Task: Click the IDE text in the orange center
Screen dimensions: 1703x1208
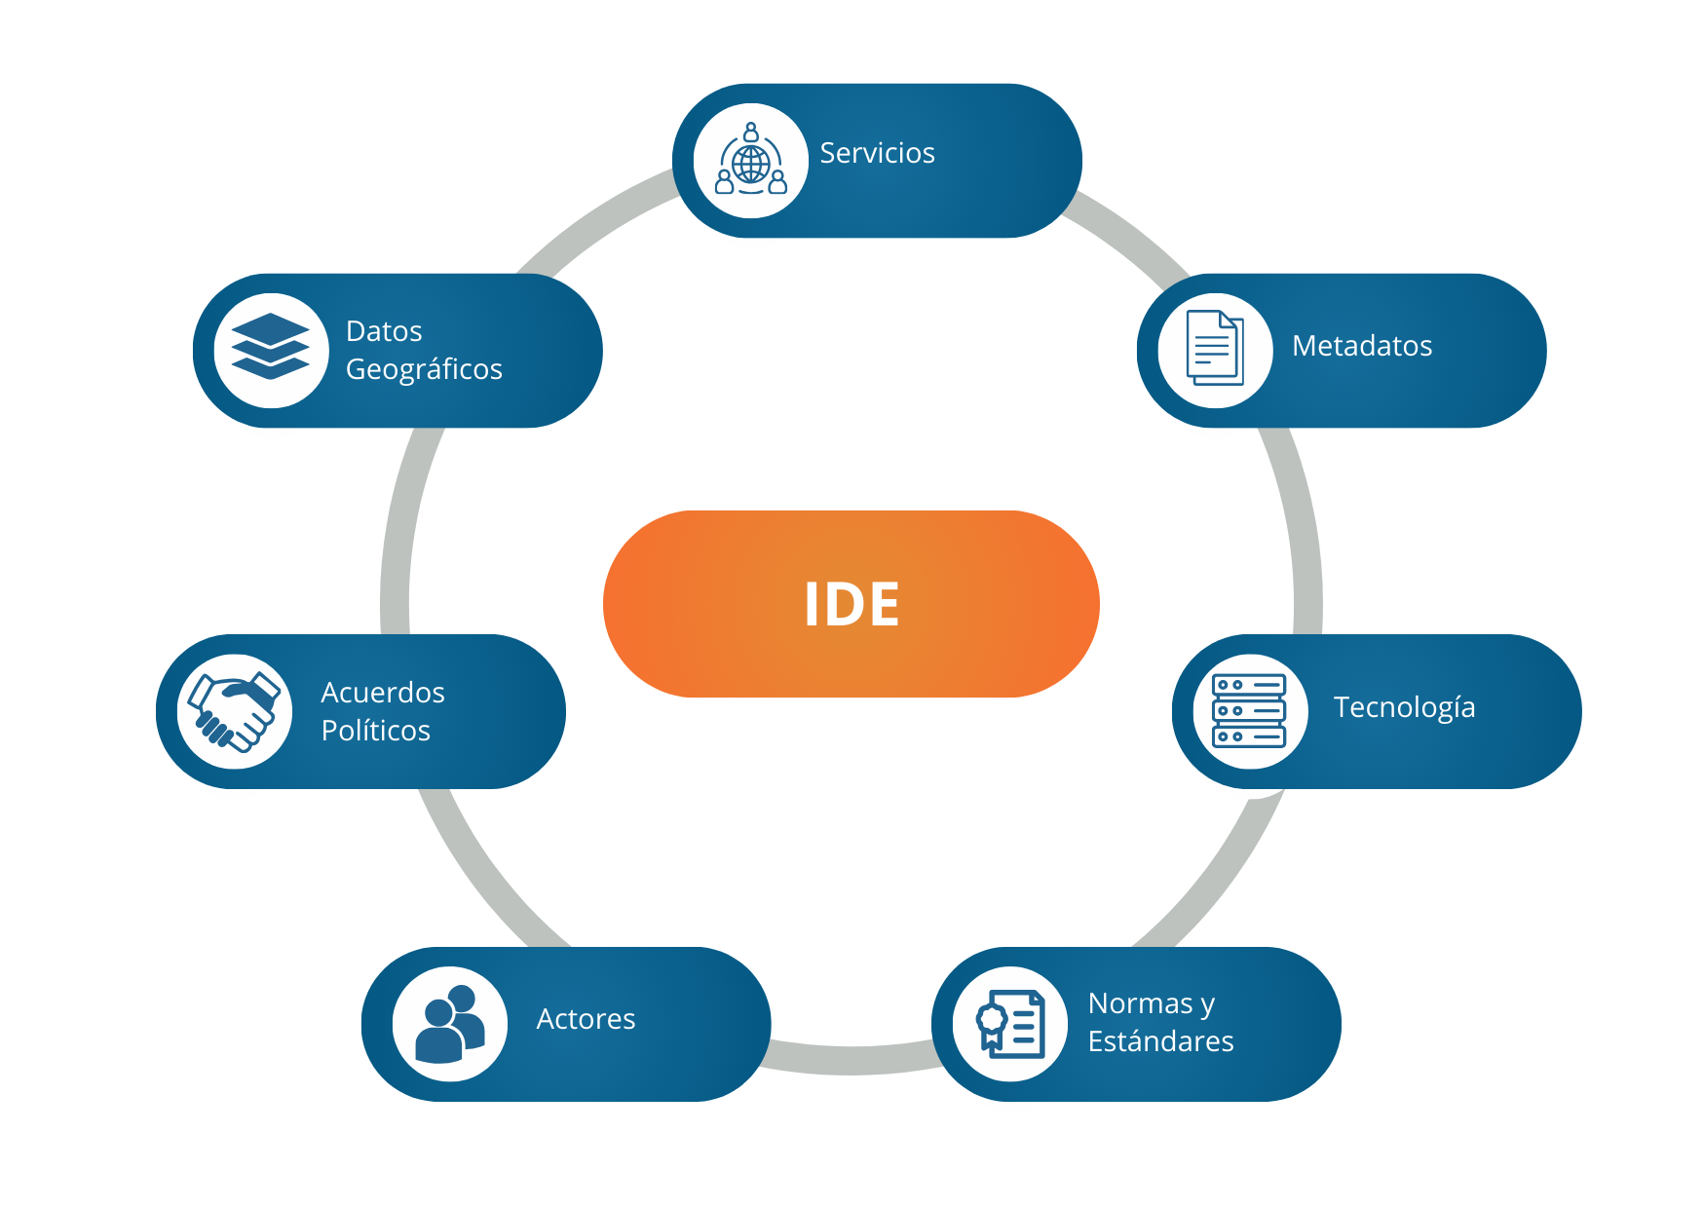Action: click(851, 604)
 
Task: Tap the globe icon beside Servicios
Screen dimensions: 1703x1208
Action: click(751, 159)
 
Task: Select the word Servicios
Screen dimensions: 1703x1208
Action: click(877, 153)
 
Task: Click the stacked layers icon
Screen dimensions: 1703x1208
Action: click(271, 346)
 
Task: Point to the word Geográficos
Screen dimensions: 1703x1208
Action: click(424, 370)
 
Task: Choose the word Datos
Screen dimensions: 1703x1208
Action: click(384, 331)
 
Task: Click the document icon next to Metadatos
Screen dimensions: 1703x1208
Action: click(1215, 348)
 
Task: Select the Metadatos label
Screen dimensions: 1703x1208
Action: click(1362, 346)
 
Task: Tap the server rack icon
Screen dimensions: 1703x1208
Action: click(1249, 711)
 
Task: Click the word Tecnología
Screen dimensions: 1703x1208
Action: click(1404, 708)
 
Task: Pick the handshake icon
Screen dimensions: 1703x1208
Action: click(235, 711)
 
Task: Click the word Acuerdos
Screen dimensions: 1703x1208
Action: click(383, 693)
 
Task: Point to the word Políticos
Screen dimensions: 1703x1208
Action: click(376, 731)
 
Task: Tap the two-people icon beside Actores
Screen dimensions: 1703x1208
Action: click(450, 1024)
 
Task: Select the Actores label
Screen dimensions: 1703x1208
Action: click(586, 1019)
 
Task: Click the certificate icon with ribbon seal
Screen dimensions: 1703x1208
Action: click(1011, 1024)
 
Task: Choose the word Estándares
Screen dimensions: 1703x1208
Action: click(1160, 1041)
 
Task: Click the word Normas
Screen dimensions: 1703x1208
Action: click(1140, 1003)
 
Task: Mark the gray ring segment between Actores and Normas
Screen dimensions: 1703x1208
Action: click(851, 1060)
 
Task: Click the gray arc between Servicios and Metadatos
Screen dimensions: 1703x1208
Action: click(1130, 234)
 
